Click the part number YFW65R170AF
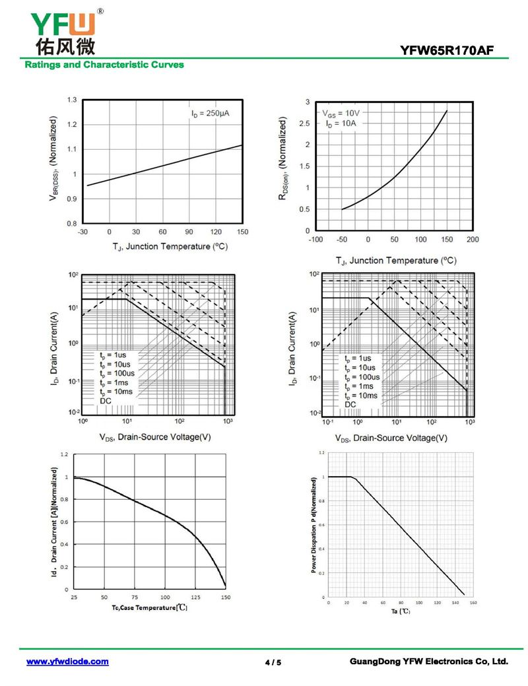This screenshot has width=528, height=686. pos(446,50)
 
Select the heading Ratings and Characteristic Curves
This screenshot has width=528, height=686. pos(104,65)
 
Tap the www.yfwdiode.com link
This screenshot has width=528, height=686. pos(67,661)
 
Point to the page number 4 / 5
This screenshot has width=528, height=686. pos(273,662)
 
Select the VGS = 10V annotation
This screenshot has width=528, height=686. pos(341,113)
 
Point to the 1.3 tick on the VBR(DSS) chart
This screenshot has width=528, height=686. pos(71,100)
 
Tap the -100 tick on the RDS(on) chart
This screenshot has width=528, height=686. pos(316,240)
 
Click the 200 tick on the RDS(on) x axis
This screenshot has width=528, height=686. pos(473,240)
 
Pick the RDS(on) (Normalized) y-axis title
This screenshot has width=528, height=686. pos(282,162)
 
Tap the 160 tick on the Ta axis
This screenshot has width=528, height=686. pos(473,603)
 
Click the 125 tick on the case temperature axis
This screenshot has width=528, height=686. pos(195,596)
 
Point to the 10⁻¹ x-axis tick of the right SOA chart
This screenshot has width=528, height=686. pos(325,421)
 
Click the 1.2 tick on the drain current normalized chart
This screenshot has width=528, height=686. pos(64,454)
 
